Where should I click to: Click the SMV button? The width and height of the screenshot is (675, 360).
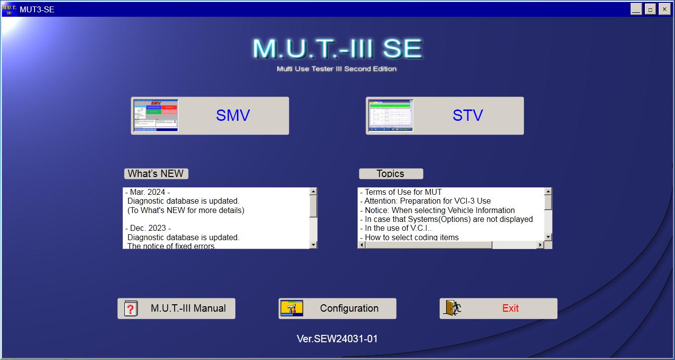click(210, 115)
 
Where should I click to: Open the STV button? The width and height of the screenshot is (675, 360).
click(445, 115)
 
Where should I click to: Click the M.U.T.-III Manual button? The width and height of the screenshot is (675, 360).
click(176, 309)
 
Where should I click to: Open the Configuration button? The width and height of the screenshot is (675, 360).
click(337, 309)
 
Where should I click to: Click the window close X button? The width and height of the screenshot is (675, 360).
click(664, 9)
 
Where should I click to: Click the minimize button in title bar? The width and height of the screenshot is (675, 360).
click(636, 9)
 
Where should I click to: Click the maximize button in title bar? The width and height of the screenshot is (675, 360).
click(650, 9)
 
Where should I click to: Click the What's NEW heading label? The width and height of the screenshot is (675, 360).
click(156, 174)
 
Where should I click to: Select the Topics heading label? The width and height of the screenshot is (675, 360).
click(391, 174)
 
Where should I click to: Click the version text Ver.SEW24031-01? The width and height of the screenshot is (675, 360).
click(337, 339)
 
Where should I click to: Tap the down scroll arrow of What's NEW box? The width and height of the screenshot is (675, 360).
click(313, 245)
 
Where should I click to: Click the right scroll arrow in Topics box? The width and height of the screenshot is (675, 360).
click(540, 245)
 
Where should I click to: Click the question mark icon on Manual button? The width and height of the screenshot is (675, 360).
click(130, 309)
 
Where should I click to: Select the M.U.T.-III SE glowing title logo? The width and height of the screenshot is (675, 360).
click(337, 49)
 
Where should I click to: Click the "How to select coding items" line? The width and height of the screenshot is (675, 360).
click(412, 237)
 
